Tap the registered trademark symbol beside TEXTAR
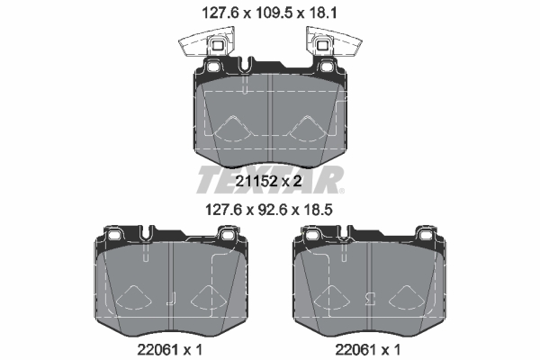pos(342,190)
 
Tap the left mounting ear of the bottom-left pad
pos(112,236)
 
